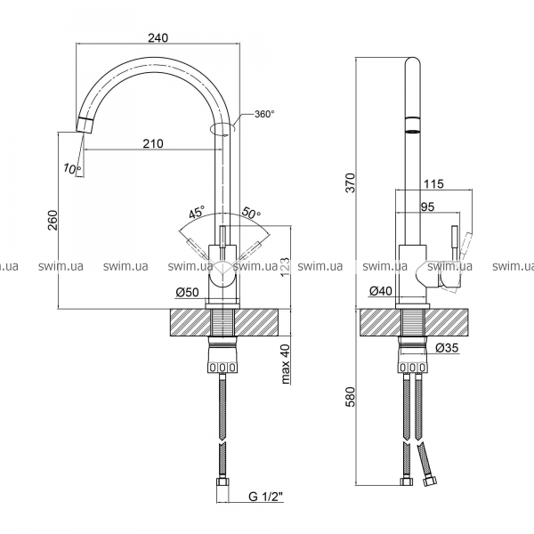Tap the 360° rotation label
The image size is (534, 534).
click(264, 114)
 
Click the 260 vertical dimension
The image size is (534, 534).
click(51, 220)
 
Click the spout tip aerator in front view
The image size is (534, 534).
click(85, 123)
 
